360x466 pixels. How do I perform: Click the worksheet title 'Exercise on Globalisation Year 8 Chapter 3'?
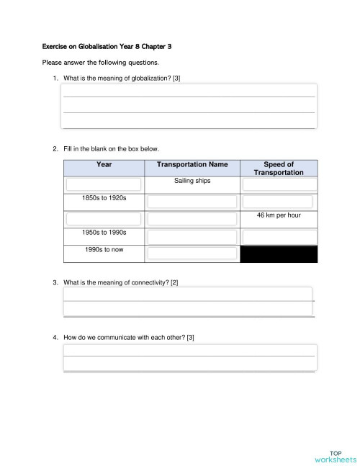107,46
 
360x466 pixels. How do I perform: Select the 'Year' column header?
104,165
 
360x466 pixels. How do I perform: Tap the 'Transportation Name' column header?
192,165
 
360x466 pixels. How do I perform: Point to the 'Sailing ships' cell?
192,181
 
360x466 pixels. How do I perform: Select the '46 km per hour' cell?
279,215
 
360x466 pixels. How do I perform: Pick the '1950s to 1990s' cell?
104,233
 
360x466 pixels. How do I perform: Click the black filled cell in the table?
279,254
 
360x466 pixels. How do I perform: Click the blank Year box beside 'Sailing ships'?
104,184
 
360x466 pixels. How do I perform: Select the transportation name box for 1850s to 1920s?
192,201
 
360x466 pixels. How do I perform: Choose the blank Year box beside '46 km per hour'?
104,218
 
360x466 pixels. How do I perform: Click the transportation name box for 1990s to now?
192,254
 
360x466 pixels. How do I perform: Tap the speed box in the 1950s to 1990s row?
279,236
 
